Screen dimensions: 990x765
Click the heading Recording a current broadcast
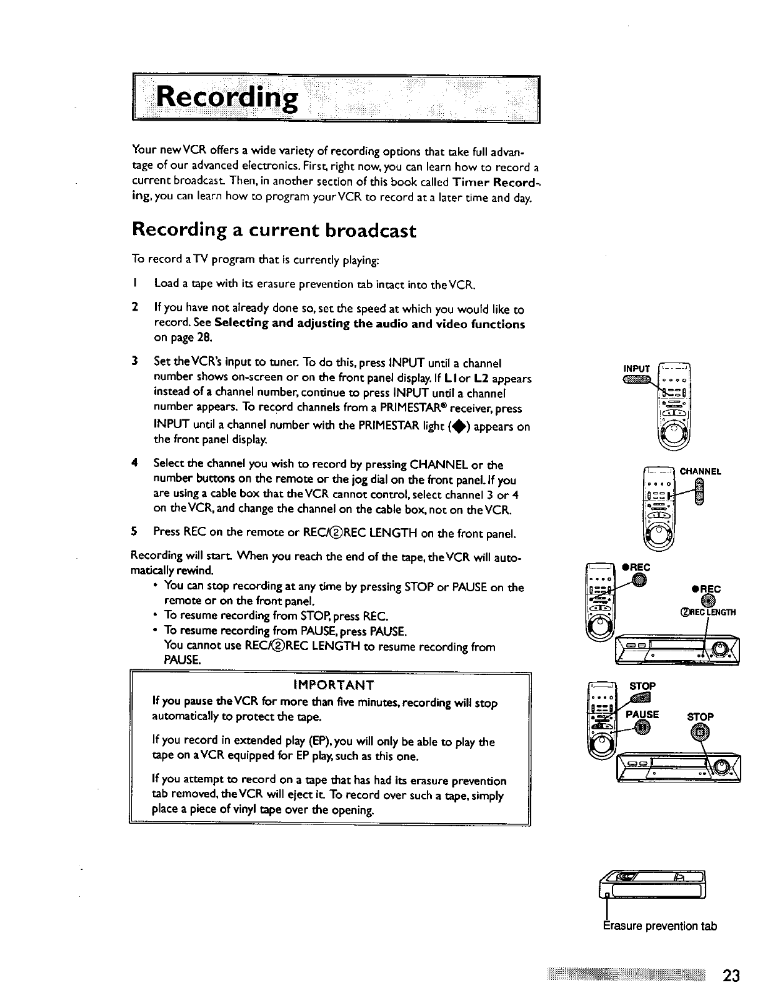coord(274,231)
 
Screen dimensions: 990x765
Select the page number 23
coord(732,976)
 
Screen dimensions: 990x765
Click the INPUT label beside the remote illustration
coord(637,367)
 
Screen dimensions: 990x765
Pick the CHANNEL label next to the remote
coord(701,471)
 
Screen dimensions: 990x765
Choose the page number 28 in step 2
coord(204,338)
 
